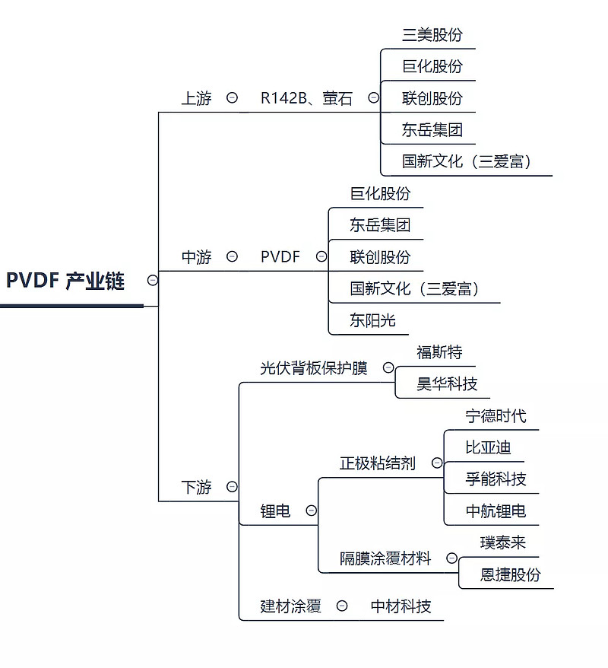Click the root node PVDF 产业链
pos(65,280)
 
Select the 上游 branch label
pos(196,98)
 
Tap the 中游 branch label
pos(196,257)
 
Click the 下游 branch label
pos(196,487)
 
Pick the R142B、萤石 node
pos(306,98)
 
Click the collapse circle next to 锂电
pos(311,511)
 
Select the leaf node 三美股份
pos(432,35)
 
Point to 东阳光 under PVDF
pos(372,320)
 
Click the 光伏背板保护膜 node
pos(314,368)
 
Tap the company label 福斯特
pos(439,352)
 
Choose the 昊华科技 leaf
pos(447,384)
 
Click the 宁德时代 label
pos(496,416)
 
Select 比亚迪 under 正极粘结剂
pos(488,447)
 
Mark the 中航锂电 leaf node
pos(496,511)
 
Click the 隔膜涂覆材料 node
pos(385,558)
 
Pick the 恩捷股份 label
pos(510,574)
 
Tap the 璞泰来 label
pos(502,542)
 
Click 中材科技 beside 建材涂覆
pos(401,606)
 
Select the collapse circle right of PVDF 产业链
pos(153,280)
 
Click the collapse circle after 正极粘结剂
pos(437,463)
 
